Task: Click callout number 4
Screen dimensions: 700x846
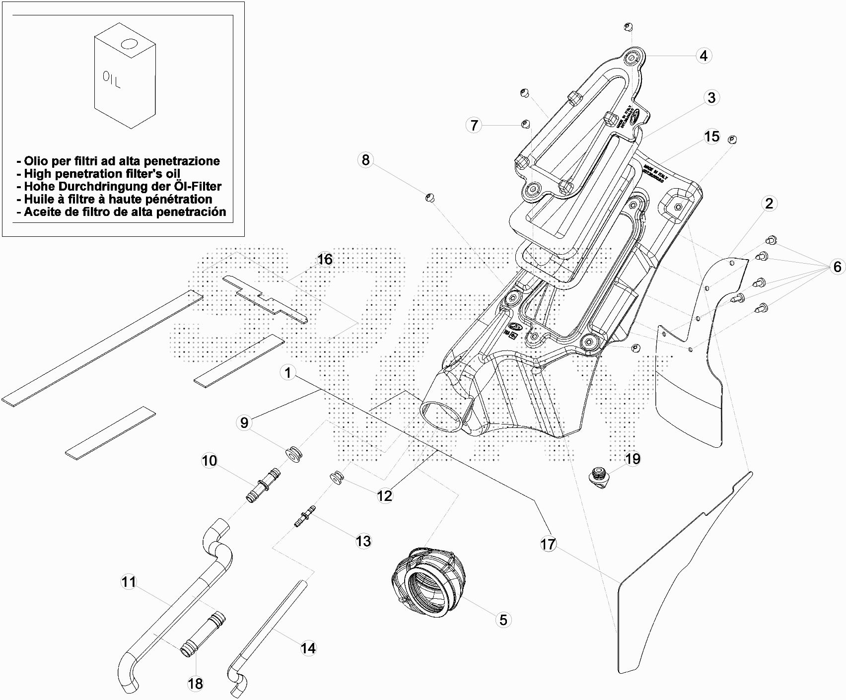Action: click(x=704, y=56)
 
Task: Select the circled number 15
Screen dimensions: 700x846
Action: click(x=712, y=137)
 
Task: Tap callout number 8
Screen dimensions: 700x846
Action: click(x=366, y=160)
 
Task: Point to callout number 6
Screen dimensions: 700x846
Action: click(x=838, y=267)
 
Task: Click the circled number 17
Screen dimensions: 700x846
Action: click(x=548, y=544)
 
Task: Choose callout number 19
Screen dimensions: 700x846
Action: click(x=633, y=459)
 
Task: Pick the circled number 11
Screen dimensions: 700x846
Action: click(x=129, y=581)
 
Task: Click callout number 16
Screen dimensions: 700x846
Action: click(x=325, y=259)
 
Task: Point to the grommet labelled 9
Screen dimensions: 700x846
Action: click(x=294, y=453)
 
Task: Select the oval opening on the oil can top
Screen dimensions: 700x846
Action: click(x=129, y=44)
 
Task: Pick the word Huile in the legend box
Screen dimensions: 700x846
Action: click(x=42, y=199)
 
